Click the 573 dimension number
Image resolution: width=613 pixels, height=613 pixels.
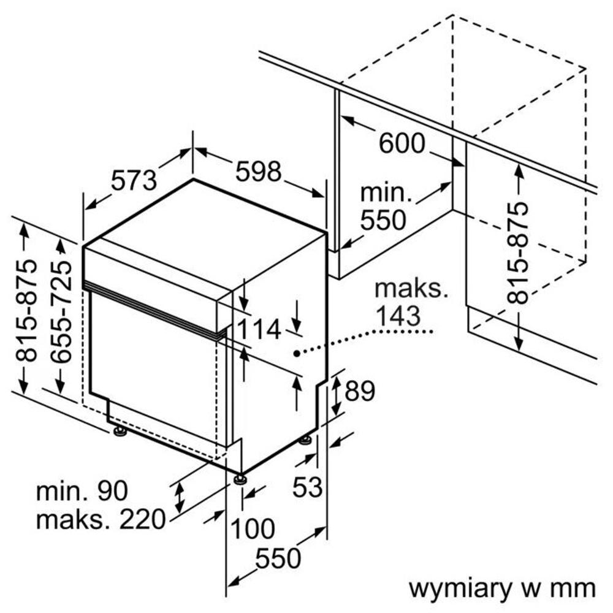tap(134, 181)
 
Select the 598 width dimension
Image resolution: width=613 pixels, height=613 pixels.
tap(259, 171)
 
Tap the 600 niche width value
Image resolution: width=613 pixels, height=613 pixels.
tap(402, 143)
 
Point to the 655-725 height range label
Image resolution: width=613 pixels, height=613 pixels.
tap(61, 311)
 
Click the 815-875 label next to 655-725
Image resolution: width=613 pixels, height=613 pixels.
tap(26, 310)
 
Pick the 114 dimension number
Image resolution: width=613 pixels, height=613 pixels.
tap(259, 329)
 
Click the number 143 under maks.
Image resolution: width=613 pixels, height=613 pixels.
tap(398, 316)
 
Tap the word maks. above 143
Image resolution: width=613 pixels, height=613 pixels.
tap(411, 289)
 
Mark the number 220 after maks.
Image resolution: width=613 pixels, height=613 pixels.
tap(143, 520)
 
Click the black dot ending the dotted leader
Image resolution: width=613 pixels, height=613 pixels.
tap(297, 354)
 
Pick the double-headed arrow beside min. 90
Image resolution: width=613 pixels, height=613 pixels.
tap(180, 497)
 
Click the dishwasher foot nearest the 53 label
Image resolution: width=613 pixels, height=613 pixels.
tap(305, 440)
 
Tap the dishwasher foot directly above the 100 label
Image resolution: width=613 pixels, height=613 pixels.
tap(240, 479)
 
